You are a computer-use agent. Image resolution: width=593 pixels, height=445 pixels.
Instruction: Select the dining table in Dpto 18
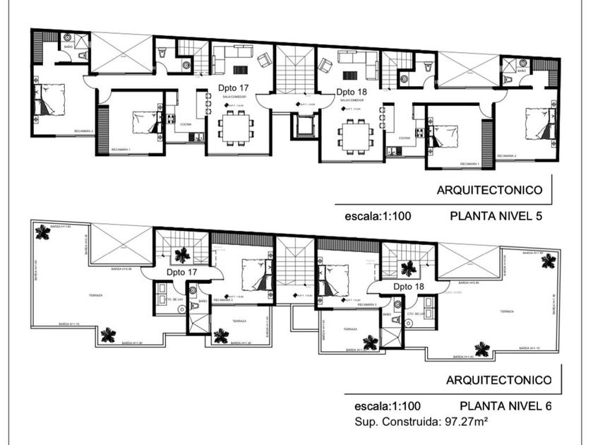pyautogui.click(x=355, y=133)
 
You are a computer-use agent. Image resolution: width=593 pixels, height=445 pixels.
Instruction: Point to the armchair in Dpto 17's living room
pyautogui.click(x=263, y=61)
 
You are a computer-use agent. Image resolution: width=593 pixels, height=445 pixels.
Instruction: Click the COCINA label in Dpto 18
pyautogui.click(x=405, y=138)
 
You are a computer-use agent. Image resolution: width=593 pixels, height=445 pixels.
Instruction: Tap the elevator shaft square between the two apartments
pyautogui.click(x=304, y=126)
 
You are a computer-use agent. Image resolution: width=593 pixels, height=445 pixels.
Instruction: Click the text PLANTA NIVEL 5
pyautogui.click(x=495, y=217)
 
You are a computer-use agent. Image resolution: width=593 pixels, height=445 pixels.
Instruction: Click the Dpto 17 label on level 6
pyautogui.click(x=181, y=271)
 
